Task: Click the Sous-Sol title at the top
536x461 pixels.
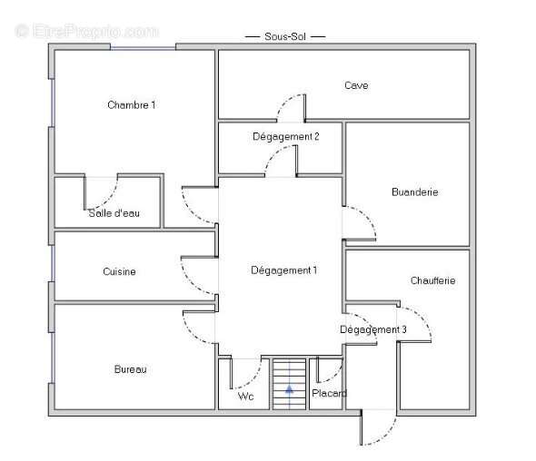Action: [x=285, y=36]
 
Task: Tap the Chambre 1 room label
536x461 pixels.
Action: [x=131, y=105]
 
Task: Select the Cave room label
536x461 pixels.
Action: [x=356, y=85]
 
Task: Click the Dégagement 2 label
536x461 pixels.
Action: [x=286, y=137]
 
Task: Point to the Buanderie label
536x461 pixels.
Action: [x=414, y=191]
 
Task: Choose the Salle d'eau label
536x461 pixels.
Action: [x=114, y=213]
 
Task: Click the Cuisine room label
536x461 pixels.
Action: [x=119, y=271]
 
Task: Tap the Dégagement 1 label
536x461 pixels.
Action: [x=283, y=270]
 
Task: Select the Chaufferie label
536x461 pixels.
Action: [x=432, y=280]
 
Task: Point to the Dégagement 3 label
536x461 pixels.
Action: [x=373, y=330]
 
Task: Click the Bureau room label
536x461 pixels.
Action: [x=130, y=369]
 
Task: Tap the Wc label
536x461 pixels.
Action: [x=245, y=397]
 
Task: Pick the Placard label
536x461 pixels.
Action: [x=329, y=393]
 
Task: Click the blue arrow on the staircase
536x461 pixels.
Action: [x=289, y=389]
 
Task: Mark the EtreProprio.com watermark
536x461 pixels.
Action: [x=86, y=32]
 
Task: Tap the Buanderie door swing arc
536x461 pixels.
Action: [x=367, y=216]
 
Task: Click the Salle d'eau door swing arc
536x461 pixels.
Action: [x=110, y=198]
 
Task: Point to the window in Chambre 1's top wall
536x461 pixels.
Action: [x=143, y=48]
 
